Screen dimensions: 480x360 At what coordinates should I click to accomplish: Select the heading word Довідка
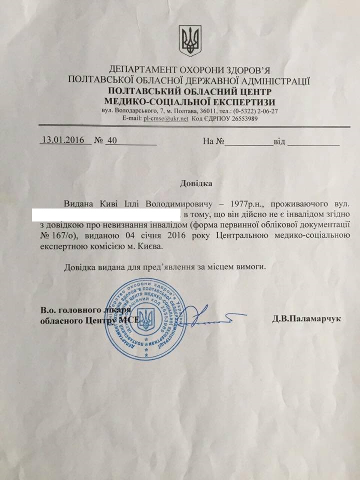[196, 183]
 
